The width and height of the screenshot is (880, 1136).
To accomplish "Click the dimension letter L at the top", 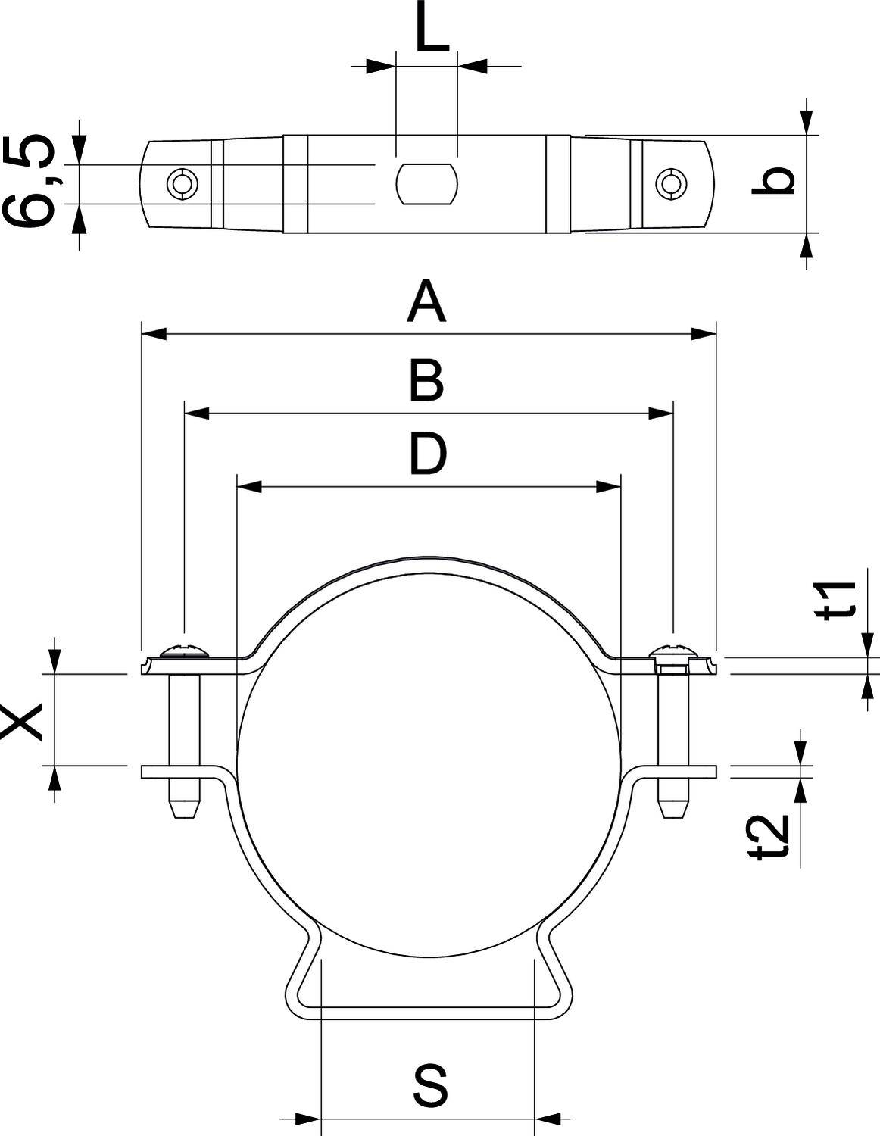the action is (x=432, y=27).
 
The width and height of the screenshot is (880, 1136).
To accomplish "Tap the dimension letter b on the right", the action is (x=773, y=180).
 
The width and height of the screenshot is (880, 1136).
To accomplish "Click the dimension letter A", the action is (x=426, y=301).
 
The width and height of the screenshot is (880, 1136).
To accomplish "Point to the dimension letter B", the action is (x=427, y=381).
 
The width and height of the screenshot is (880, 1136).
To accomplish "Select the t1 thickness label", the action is (x=837, y=601).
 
